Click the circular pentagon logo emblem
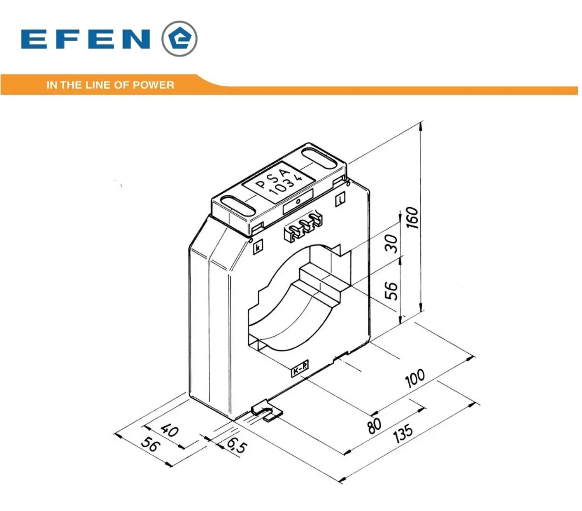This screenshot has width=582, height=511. (179, 39)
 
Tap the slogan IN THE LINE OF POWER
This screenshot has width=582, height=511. (110, 85)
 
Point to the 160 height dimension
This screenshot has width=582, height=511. (412, 218)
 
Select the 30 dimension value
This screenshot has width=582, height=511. (391, 244)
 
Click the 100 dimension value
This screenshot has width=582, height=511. (415, 378)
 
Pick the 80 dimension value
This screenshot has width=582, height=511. (374, 426)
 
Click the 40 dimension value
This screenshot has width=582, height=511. (170, 430)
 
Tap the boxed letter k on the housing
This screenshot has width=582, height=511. (258, 247)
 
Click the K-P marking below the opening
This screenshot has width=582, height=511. (300, 368)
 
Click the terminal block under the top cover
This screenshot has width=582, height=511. (303, 227)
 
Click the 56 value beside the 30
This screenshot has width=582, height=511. (391, 291)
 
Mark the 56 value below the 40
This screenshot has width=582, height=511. (150, 445)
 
